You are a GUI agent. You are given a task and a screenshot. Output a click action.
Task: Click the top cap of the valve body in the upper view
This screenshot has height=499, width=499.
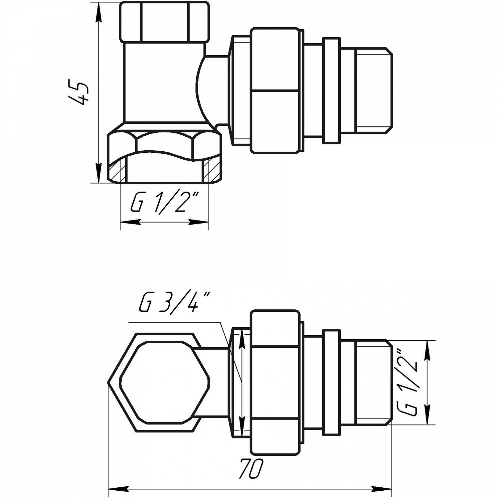(x=164, y=22)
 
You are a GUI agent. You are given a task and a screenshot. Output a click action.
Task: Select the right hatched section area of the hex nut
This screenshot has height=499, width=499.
(x=211, y=171)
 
